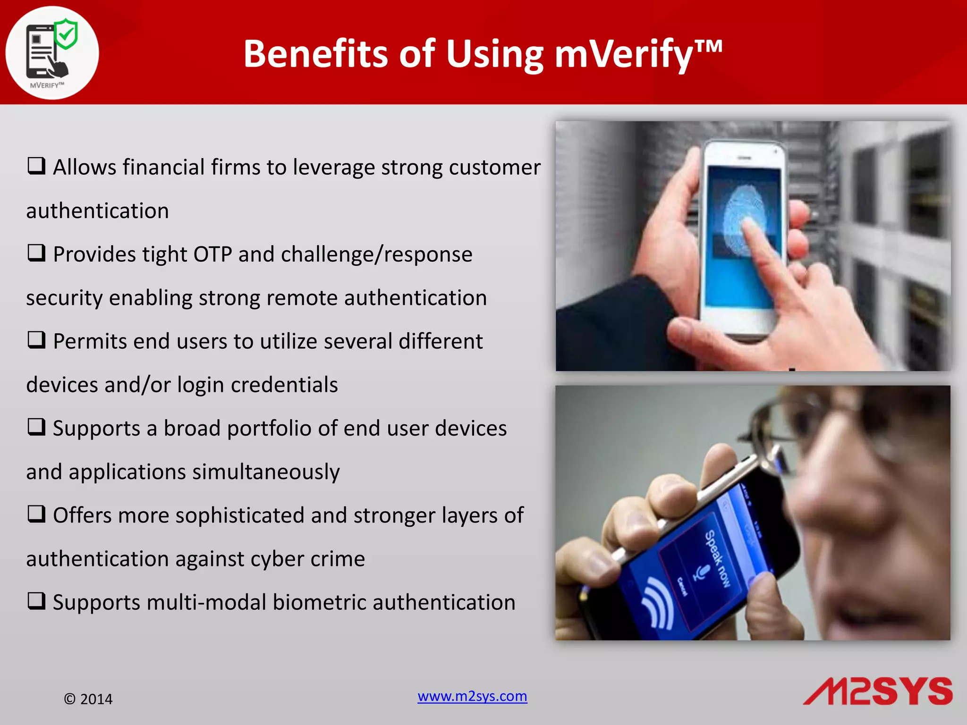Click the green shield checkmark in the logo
[x=66, y=34]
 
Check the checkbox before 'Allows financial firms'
[x=36, y=166]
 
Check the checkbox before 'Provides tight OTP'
[x=36, y=253]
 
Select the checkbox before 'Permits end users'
[x=36, y=340]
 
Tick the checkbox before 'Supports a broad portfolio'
[x=36, y=427]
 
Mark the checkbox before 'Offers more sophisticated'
[x=36, y=514]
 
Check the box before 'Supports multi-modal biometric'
[x=36, y=601]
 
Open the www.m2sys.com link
[x=472, y=696]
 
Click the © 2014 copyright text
[x=88, y=699]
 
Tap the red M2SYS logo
[x=878, y=691]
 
